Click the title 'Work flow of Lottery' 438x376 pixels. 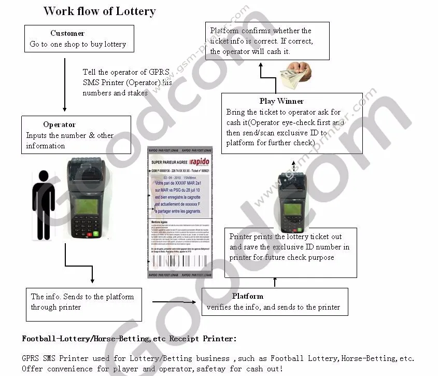pyautogui.click(x=100, y=11)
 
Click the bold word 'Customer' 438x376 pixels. pyautogui.click(x=67, y=33)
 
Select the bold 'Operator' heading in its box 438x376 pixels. pyautogui.click(x=59, y=124)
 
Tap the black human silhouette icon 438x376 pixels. pyautogui.click(x=44, y=204)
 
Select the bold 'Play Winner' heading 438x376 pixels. pyautogui.click(x=281, y=101)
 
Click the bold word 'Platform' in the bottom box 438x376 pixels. pyautogui.click(x=247, y=296)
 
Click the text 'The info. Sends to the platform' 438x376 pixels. pyautogui.click(x=82, y=297)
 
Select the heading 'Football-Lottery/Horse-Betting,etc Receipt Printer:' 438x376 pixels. pyautogui.click(x=129, y=339)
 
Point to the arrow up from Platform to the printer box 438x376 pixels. pyautogui.click(x=275, y=282)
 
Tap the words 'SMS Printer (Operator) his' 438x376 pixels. pyautogui.click(x=127, y=83)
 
